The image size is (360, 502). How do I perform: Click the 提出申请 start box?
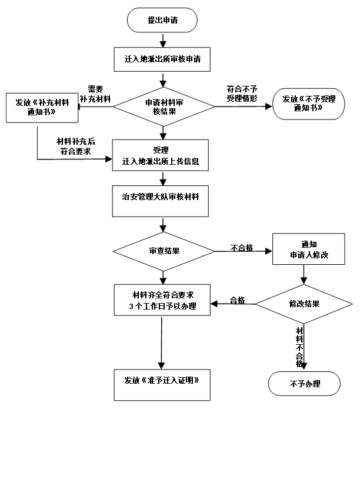(x=162, y=21)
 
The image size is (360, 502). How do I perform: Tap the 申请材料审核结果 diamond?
(x=164, y=107)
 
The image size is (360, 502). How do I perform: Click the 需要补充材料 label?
(x=95, y=94)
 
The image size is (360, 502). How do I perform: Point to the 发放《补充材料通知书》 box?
(x=42, y=108)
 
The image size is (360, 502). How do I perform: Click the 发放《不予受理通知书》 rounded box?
(x=308, y=104)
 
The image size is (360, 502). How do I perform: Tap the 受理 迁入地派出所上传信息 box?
(x=161, y=155)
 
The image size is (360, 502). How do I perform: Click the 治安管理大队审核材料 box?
(x=161, y=201)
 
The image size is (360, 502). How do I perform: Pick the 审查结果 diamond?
(x=164, y=251)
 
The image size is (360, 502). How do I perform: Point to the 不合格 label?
(x=242, y=248)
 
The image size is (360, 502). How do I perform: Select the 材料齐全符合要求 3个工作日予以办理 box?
(x=162, y=300)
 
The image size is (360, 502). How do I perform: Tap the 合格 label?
(x=236, y=300)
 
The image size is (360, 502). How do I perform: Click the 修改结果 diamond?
(x=304, y=304)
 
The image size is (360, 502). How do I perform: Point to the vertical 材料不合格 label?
(x=299, y=347)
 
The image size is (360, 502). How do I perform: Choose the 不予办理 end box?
(x=305, y=384)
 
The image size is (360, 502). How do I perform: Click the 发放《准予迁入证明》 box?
(x=162, y=384)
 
